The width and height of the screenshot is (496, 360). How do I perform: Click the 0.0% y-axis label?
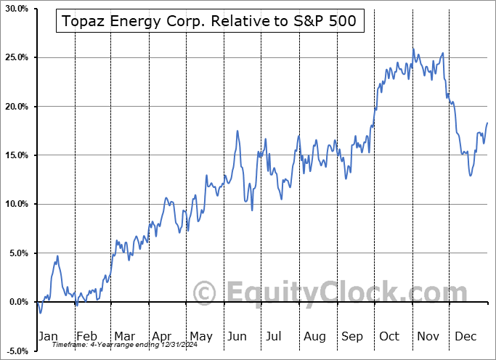coord(16,302)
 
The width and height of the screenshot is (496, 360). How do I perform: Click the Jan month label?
coord(47,336)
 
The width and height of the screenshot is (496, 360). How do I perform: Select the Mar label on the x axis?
coord(123,336)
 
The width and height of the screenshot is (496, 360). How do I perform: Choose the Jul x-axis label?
coord(275,336)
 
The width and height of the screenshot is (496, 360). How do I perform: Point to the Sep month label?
coord(351,336)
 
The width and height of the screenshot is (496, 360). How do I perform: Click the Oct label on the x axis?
coord(389,336)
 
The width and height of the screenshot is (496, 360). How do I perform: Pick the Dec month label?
coord(466,336)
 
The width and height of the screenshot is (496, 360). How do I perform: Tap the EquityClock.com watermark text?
coord(320,293)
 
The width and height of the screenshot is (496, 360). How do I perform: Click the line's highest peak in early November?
coord(413,49)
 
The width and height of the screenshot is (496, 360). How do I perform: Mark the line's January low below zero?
coord(41,313)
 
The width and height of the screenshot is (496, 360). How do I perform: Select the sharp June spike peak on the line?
coord(237,131)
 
